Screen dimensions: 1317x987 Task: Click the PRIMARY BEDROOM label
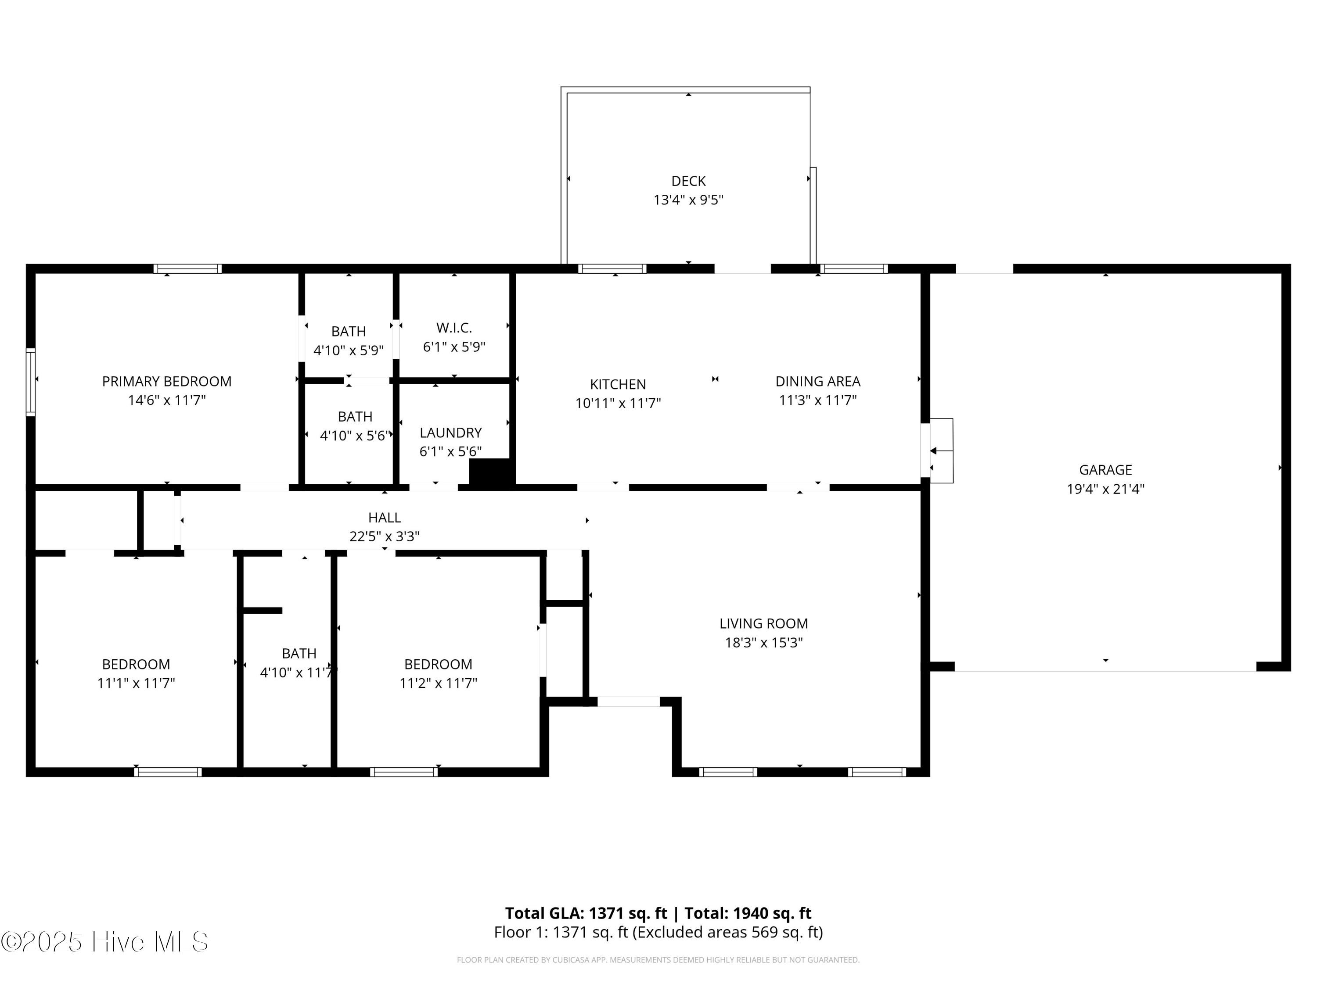coord(167,381)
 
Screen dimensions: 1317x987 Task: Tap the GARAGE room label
coord(1106,470)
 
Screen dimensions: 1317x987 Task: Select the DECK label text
coord(688,181)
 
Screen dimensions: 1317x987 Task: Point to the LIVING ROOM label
coord(763,623)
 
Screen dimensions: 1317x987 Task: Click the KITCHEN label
coord(618,384)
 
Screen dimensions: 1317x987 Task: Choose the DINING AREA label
coord(817,381)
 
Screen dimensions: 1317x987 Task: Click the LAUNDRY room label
coord(451,433)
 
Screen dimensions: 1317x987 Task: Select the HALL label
coord(385,518)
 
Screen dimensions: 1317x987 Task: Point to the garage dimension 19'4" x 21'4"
coord(1106,489)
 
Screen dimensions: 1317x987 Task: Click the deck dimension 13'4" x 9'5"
coord(688,200)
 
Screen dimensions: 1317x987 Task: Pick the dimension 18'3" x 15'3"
coord(763,643)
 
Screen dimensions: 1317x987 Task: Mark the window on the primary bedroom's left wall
coord(30,382)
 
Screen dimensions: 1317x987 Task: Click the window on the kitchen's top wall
coord(612,269)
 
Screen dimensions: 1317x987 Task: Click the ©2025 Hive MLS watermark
coord(105,942)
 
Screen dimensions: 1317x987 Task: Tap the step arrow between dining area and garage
coord(941,451)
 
